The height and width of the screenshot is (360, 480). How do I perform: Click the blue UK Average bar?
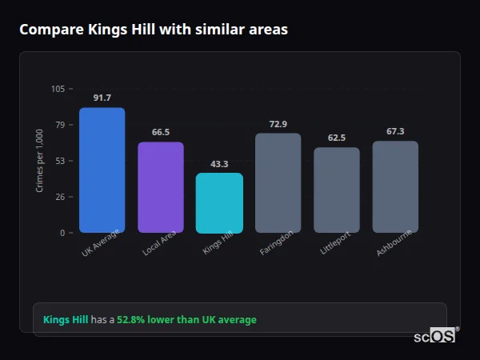click(102, 170)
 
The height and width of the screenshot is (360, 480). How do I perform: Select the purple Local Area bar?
click(161, 187)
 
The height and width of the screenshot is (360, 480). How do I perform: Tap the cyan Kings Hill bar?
click(219, 203)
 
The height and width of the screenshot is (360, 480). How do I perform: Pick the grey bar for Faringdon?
click(278, 183)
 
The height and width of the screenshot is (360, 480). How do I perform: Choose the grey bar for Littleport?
click(337, 190)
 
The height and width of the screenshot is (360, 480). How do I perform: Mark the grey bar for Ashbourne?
click(395, 187)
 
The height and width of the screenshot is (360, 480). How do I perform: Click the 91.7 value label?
click(102, 98)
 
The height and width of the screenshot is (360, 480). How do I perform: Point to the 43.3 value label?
click(219, 164)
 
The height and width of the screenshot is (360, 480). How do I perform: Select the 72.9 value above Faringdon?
click(278, 124)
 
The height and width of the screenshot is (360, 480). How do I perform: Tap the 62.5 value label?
click(337, 138)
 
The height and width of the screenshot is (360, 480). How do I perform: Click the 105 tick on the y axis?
click(58, 89)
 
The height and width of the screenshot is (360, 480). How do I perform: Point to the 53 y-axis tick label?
click(59, 161)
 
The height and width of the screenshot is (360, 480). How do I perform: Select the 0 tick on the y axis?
click(62, 233)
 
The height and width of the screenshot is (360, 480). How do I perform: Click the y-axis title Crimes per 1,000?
click(39, 161)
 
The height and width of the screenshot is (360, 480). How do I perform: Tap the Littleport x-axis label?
click(336, 245)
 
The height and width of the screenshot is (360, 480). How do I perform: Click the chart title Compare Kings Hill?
click(153, 30)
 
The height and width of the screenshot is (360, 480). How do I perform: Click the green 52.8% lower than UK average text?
click(186, 320)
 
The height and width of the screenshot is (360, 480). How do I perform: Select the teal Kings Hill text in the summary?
click(66, 320)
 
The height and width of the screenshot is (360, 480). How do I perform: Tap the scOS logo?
click(434, 336)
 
